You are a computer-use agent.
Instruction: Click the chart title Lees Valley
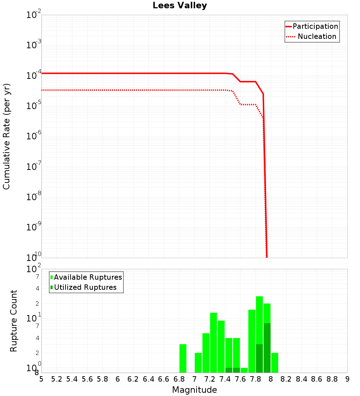coord(180,6)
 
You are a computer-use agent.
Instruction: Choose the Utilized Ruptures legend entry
coord(85,288)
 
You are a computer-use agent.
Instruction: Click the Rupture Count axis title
coord(14,321)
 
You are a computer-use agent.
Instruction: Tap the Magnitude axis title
coord(194,390)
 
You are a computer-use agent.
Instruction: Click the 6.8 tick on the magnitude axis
coord(179,379)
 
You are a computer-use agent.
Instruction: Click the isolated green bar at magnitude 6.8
coord(183,358)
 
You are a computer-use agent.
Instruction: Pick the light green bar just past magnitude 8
coord(275,363)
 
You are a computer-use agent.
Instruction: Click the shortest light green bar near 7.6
coord(244,370)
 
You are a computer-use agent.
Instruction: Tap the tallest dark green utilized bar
coord(267,348)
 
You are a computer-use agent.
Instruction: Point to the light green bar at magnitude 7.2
coord(206,353)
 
